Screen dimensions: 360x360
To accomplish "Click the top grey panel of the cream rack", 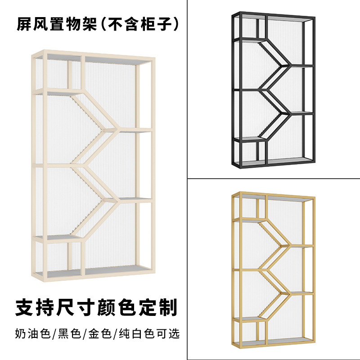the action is tap(112, 59).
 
